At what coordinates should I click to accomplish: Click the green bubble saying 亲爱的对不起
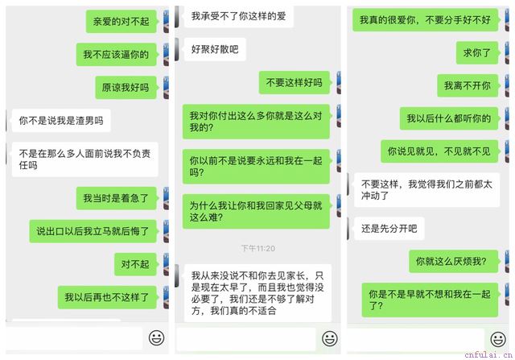(x=122, y=22)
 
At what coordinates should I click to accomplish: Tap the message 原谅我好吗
(x=126, y=88)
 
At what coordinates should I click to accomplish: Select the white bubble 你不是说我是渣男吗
(x=61, y=121)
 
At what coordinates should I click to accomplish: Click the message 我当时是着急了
(x=116, y=198)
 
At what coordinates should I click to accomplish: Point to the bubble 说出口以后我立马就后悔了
(x=93, y=231)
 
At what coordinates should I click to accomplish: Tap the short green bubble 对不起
(x=135, y=264)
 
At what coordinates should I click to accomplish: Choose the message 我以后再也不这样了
(x=107, y=297)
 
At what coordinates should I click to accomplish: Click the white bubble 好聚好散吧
(x=215, y=49)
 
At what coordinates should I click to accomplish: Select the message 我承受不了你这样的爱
(x=239, y=16)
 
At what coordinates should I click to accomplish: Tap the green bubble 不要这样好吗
(x=295, y=82)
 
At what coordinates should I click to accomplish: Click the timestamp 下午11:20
(x=258, y=248)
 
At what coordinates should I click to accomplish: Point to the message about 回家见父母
(x=256, y=211)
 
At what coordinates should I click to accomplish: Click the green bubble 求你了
(x=477, y=52)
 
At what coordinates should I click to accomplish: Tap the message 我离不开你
(x=468, y=85)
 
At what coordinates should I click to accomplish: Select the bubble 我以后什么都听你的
(x=449, y=118)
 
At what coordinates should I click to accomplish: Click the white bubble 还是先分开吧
(x=389, y=229)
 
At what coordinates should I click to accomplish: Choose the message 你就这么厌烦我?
(x=454, y=262)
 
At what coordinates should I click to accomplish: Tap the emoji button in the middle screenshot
(x=330, y=338)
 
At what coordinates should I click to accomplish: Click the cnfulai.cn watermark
(x=488, y=355)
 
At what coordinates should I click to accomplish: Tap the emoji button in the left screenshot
(x=157, y=337)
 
